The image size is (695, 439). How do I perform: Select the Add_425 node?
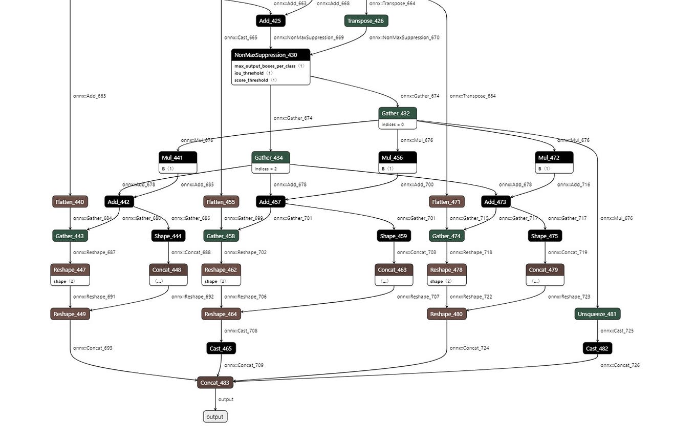(270, 21)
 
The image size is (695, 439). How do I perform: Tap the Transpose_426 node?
(366, 21)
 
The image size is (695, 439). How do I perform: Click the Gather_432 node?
(398, 113)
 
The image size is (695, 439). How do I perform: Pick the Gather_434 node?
(271, 157)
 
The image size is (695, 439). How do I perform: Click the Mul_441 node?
(178, 157)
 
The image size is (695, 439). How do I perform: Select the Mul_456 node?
(398, 157)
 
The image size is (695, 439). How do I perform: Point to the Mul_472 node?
(554, 157)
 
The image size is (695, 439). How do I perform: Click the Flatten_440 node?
(70, 202)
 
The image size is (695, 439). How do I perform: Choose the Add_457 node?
(271, 202)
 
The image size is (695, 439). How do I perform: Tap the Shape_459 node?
(394, 236)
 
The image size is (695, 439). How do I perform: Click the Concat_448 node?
(168, 270)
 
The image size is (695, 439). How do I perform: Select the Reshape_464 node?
(221, 314)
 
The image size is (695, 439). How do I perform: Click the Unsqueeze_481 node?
(597, 314)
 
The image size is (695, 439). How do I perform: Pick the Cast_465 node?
(221, 348)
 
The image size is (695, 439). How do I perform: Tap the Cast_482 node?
(597, 348)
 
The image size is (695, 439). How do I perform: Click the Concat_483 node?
(215, 383)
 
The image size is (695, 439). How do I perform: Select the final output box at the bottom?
(215, 416)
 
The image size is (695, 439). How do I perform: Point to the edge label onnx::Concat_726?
(620, 365)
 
